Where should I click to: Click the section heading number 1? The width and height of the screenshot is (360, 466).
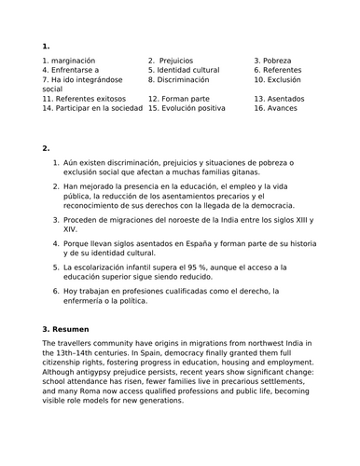[46, 46]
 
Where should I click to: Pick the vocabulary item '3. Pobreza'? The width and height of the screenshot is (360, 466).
[277, 60]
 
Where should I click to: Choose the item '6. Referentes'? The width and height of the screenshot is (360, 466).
[283, 70]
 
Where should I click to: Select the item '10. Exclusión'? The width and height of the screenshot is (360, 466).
[284, 80]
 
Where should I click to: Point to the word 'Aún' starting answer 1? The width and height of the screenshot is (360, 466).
[73, 163]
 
